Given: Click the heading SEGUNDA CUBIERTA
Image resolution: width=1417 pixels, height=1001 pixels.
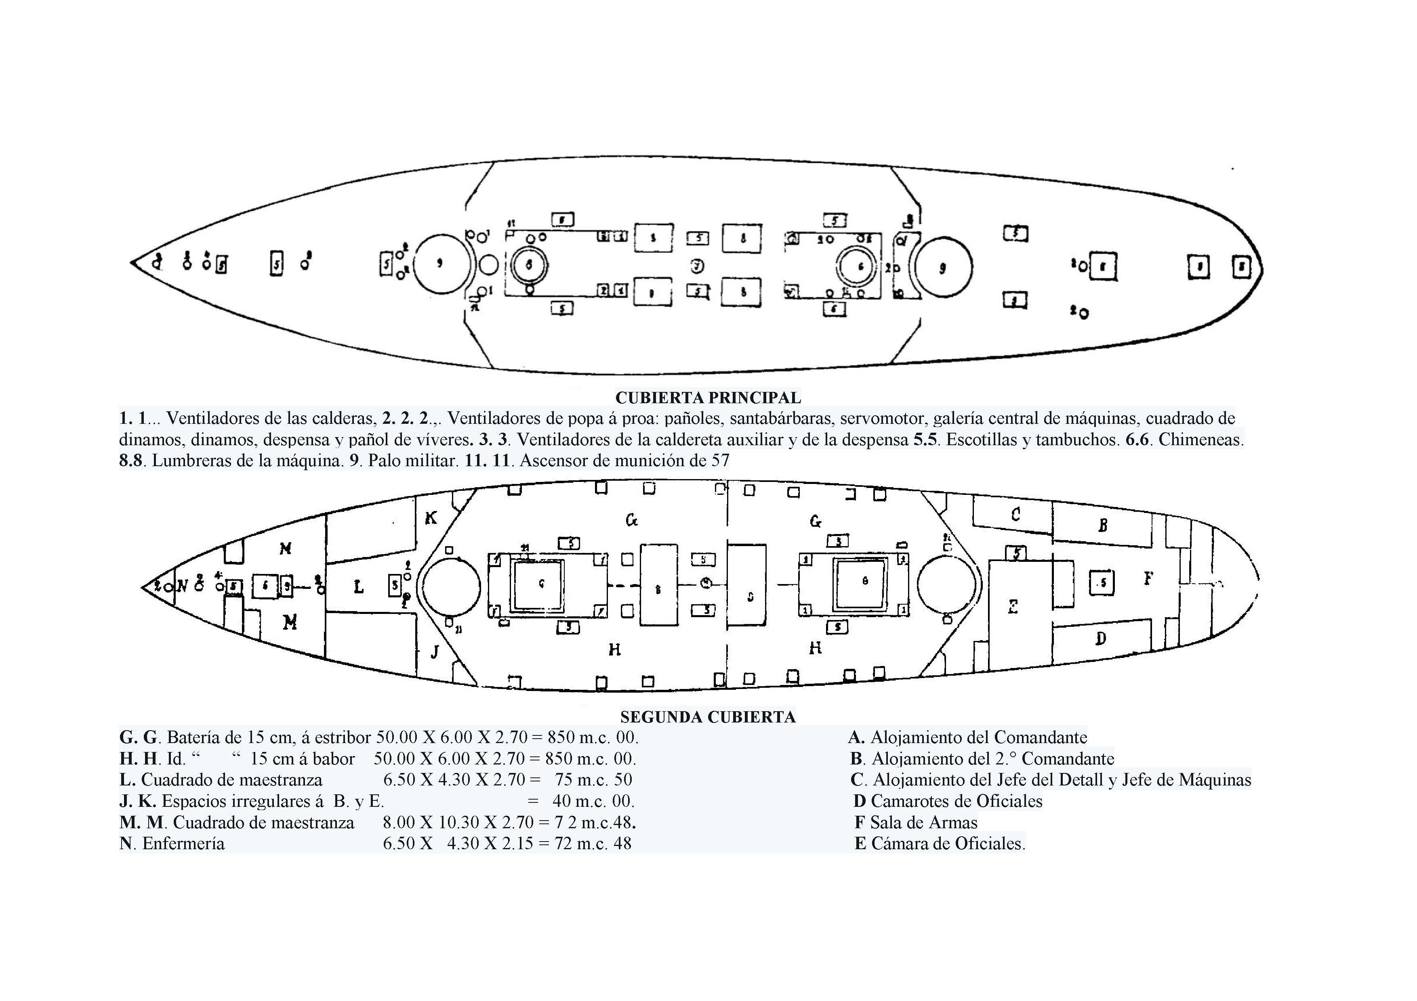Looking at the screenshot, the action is [708, 717].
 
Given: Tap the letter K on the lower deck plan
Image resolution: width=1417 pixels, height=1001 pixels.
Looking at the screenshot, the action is [431, 518].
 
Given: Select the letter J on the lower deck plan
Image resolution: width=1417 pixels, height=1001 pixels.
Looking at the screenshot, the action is [435, 651].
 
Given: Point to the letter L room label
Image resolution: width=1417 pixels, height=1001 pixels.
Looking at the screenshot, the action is [359, 587].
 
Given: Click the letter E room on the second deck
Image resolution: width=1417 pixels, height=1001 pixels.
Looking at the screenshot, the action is [1013, 607].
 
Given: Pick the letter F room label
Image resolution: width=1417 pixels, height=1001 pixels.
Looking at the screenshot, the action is [1148, 578].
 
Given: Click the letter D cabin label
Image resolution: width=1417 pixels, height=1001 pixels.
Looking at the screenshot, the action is [1101, 639].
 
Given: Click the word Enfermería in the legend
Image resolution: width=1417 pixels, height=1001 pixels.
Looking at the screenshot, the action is [183, 843].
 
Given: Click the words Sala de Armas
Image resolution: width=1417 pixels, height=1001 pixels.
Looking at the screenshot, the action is [923, 822].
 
